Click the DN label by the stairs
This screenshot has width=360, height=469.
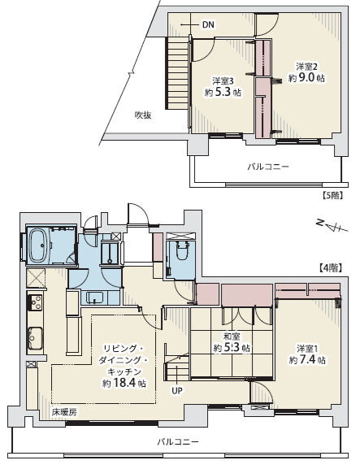tap(208, 25)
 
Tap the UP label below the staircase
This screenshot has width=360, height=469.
tap(177, 390)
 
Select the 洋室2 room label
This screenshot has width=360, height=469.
tap(306, 67)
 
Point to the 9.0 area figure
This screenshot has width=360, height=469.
tap(306, 78)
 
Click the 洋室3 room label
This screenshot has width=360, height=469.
tap(223, 81)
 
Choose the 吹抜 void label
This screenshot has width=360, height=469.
tap(143, 115)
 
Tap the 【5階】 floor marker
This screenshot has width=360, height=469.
tap(332, 196)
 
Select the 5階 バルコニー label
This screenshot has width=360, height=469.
tap(268, 167)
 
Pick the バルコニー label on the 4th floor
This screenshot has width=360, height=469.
tap(178, 442)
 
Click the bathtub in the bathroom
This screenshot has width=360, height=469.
tap(39, 245)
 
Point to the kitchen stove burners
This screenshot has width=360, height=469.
tap(35, 302)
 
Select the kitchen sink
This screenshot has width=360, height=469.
tap(35, 338)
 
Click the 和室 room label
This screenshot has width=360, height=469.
tap(232, 337)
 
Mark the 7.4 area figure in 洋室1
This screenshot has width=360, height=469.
tap(307, 360)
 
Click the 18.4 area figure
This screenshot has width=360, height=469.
tap(124, 383)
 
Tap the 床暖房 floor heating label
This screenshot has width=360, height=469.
tap(64, 412)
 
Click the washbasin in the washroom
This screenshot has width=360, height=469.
tap(95, 297)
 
